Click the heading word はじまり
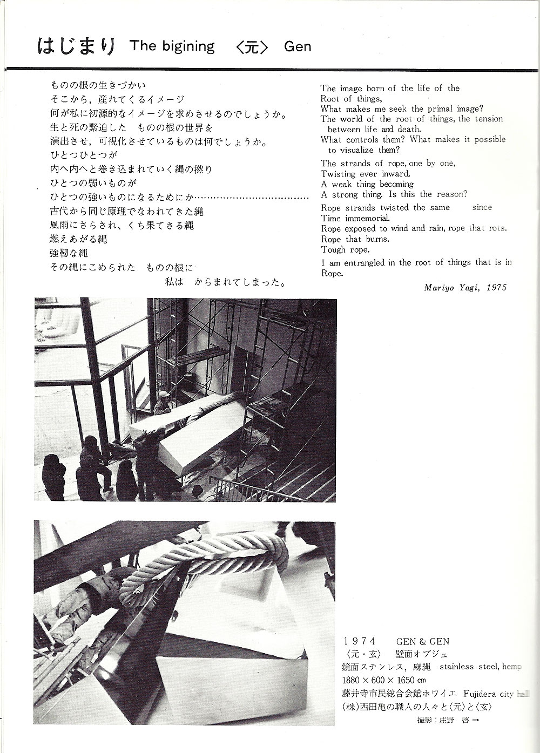pyautogui.click(x=76, y=46)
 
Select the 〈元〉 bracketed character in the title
pyautogui.click(x=252, y=47)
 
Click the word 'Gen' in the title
pyautogui.click(x=298, y=47)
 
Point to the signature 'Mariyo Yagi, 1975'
pyautogui.click(x=465, y=288)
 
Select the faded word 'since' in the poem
pyautogui.click(x=482, y=207)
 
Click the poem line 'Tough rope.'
pyautogui.click(x=345, y=249)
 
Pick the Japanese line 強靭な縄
pyautogui.click(x=69, y=253)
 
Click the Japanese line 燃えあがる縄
pyautogui.click(x=79, y=239)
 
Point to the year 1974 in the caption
pyautogui.click(x=359, y=642)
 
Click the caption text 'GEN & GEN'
pyautogui.click(x=423, y=642)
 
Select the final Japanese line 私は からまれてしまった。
pyautogui.click(x=225, y=282)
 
